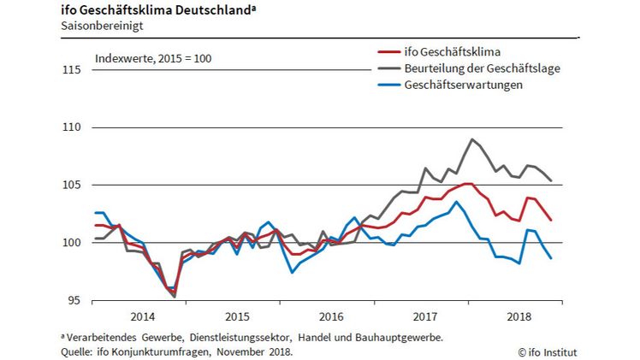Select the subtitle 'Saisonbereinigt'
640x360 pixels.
99,26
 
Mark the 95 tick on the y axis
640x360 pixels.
74,300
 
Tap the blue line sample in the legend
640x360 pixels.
391,85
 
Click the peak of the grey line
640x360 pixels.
472,139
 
